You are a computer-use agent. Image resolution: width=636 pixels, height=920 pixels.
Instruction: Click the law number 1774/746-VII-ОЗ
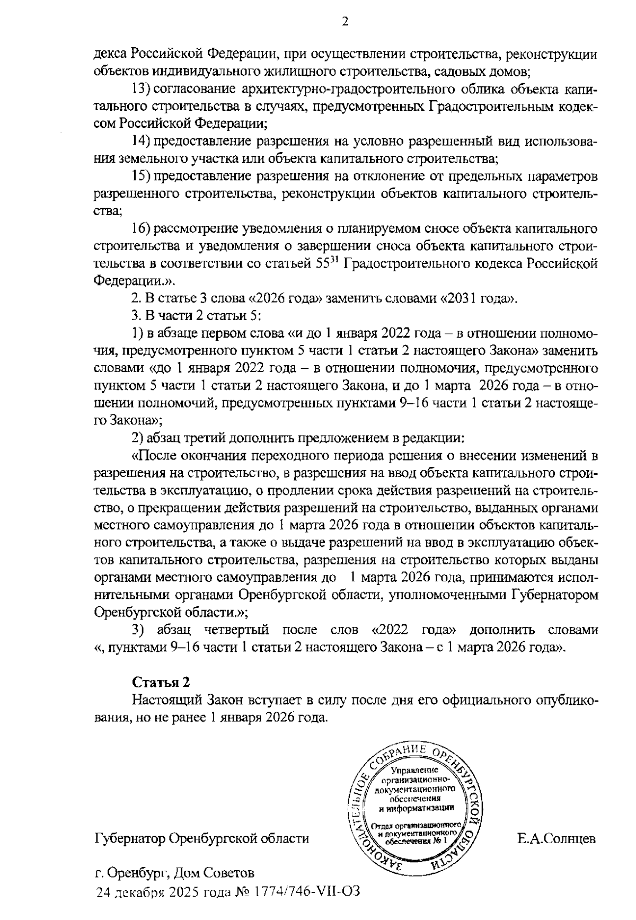pyautogui.click(x=308, y=891)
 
